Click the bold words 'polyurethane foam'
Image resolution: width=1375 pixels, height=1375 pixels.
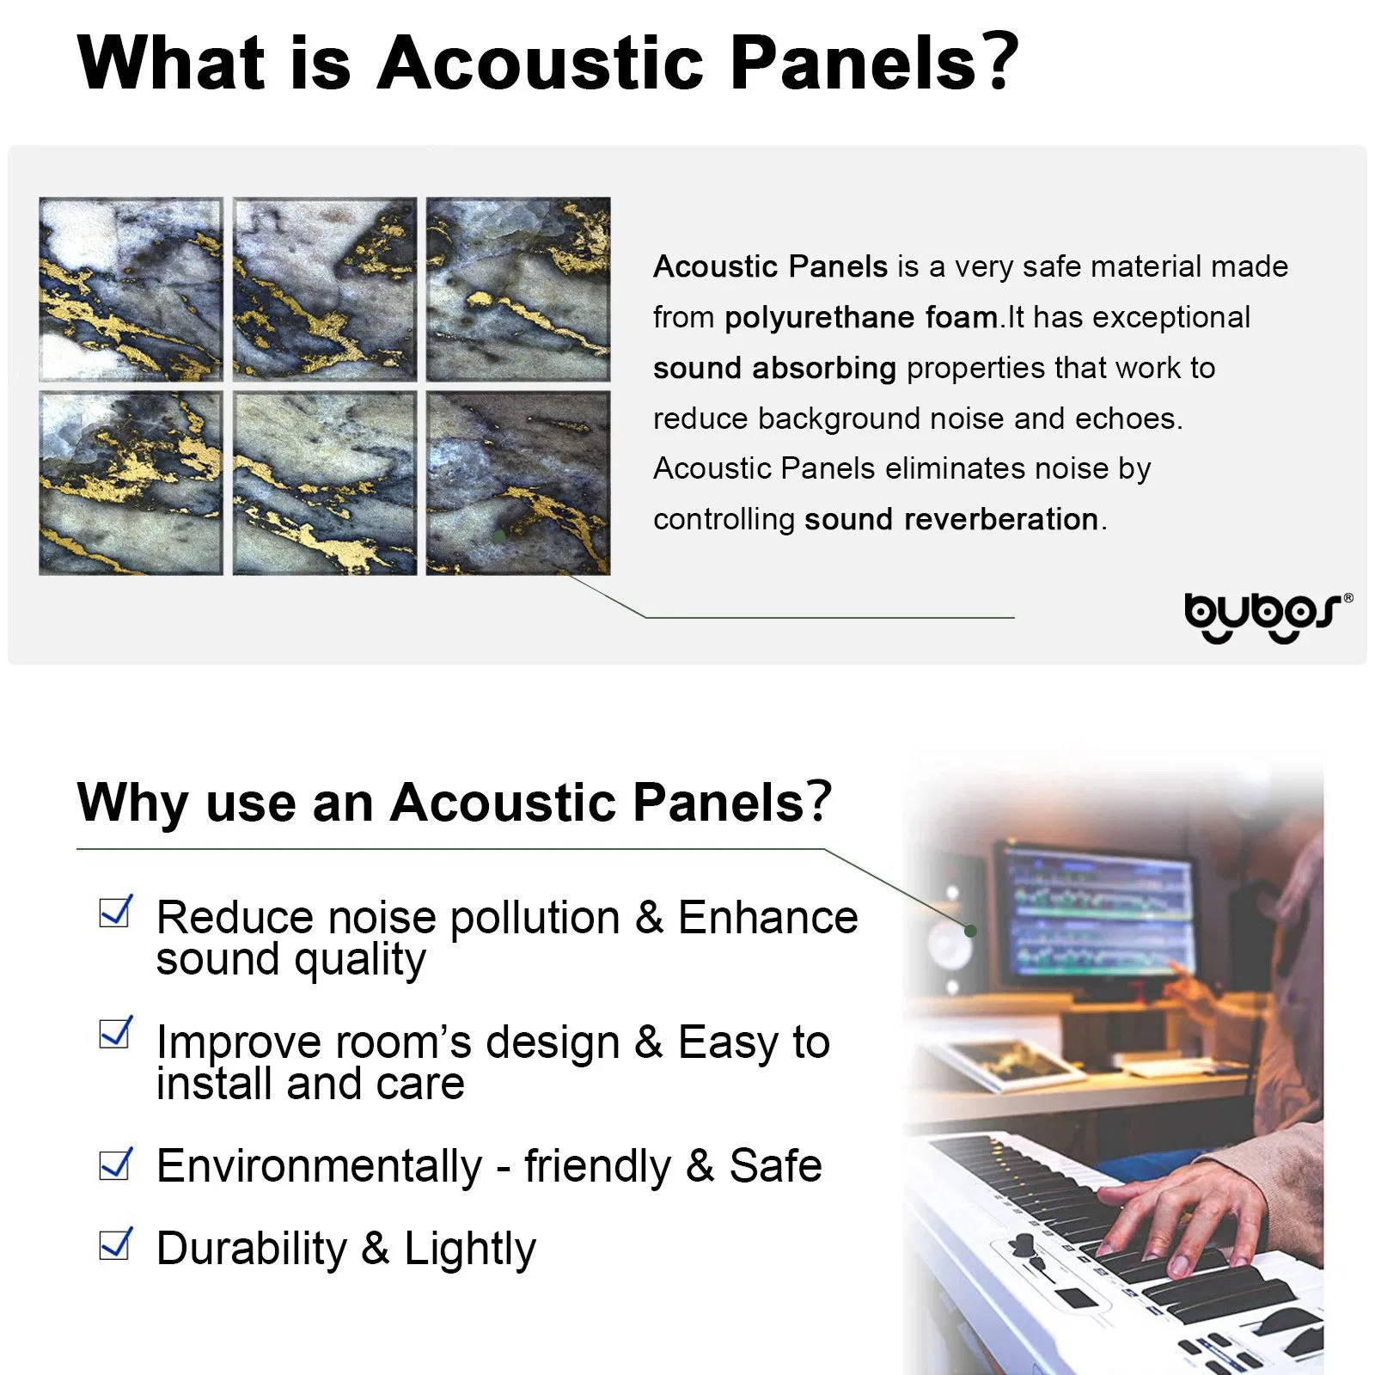[860, 317]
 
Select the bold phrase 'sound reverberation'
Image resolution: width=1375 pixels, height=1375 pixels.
[950, 519]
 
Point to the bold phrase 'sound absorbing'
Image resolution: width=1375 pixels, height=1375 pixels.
[774, 368]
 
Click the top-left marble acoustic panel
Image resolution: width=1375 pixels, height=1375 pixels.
[131, 290]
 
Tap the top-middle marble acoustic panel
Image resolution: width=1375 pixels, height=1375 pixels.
[325, 290]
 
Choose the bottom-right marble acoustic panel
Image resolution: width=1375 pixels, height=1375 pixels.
[518, 483]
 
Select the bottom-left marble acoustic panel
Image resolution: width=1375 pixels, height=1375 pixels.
[131, 483]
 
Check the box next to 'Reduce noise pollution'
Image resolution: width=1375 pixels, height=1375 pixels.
[115, 912]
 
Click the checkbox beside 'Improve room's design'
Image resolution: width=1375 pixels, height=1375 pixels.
[115, 1033]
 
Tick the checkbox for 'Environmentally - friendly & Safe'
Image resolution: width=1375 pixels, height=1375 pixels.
[115, 1164]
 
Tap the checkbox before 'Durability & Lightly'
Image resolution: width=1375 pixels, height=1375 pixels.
[115, 1244]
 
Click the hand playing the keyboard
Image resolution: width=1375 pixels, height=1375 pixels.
[1177, 1220]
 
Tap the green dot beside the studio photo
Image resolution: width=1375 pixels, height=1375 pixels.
[970, 931]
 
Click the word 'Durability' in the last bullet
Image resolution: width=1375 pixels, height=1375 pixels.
[252, 1248]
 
